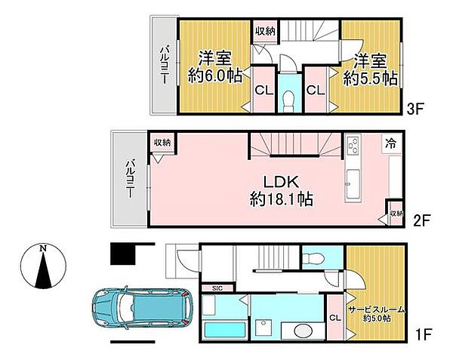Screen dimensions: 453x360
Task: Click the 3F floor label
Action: point(415,109)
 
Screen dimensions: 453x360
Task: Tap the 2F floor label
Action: point(422,221)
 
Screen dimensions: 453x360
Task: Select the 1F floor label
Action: point(424,335)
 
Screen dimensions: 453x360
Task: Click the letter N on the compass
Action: point(43,248)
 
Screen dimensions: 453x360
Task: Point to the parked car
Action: point(142,309)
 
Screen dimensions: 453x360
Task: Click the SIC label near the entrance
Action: point(217,288)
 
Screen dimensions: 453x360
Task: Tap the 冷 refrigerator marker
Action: point(391,143)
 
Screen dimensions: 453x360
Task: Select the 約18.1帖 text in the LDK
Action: point(282,199)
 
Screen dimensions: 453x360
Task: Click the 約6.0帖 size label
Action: point(215,76)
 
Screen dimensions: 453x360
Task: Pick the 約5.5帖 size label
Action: point(371,78)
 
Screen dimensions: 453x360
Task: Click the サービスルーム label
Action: point(377,309)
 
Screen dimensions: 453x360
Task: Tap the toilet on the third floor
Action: point(289,100)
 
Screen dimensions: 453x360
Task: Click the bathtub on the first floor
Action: point(225,331)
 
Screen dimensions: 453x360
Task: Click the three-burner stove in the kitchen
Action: point(353,146)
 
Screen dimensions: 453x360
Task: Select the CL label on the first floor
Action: point(334,318)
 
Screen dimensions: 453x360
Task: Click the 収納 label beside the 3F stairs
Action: point(265,31)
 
